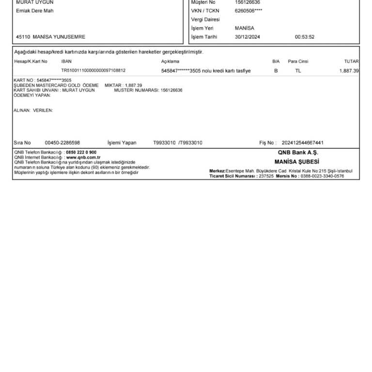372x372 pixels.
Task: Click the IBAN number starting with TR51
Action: pos(93,71)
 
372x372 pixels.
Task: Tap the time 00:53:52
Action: pos(304,37)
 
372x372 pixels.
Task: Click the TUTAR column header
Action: pos(351,62)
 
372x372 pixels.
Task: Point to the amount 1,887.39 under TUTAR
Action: pos(349,71)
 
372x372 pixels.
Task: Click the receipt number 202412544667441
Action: pos(302,143)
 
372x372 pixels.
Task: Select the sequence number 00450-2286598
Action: pos(62,143)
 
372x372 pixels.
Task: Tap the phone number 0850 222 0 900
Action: pos(81,152)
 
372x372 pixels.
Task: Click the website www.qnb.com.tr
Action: pos(83,157)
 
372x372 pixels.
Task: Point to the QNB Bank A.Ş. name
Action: pos(297,153)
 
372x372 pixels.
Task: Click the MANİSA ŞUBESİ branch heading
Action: pos(296,162)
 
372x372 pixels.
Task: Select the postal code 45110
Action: pos(23,37)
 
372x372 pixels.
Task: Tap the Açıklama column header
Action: pos(170,62)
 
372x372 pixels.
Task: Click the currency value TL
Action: pos(298,71)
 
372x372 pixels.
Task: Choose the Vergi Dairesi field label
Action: pos(205,19)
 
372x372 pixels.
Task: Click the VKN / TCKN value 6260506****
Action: pos(248,11)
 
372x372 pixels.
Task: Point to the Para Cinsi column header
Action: pos(298,62)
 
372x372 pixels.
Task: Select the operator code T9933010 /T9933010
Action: pos(178,143)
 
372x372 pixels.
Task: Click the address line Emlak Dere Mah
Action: pos(35,11)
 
